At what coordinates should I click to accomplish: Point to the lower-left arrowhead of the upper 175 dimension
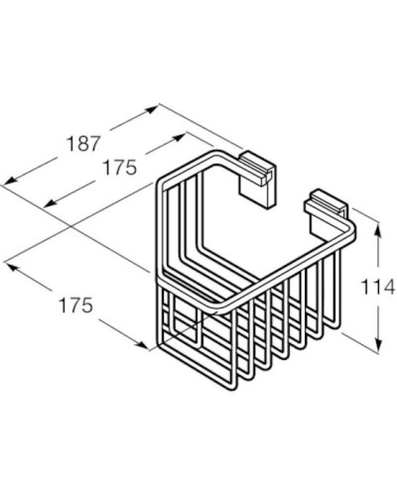point(44,206)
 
